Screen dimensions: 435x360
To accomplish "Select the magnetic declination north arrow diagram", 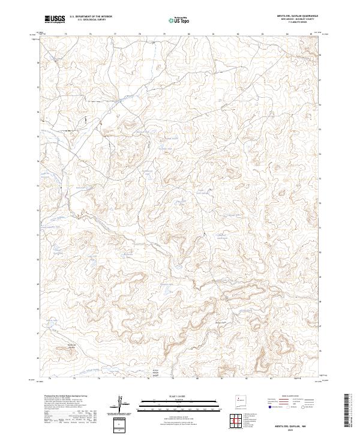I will click(121, 404).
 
